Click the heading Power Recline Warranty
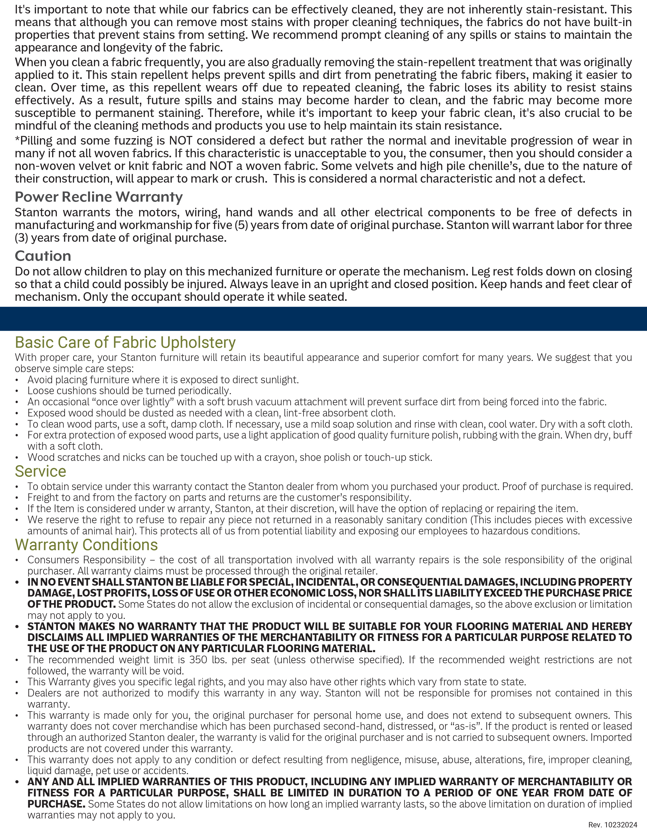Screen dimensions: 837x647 (x=98, y=197)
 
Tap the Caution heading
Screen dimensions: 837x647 (x=43, y=256)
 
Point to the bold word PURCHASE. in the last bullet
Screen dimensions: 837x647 (x=56, y=804)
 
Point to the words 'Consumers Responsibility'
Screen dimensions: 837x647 (x=86, y=560)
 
